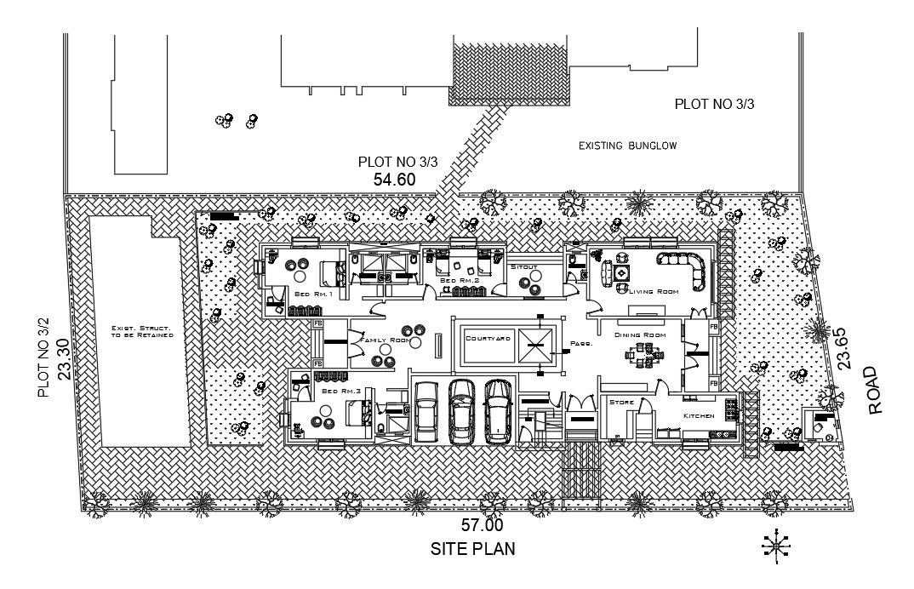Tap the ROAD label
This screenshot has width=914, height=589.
click(x=877, y=391)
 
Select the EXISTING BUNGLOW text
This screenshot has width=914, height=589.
click(x=627, y=146)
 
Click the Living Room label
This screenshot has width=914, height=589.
click(x=654, y=292)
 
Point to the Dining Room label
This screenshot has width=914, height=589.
click(x=640, y=335)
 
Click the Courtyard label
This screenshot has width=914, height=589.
click(x=488, y=338)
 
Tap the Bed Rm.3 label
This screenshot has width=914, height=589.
click(x=334, y=391)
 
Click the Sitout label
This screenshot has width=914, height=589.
click(x=524, y=267)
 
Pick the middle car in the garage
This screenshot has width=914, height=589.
click(x=461, y=411)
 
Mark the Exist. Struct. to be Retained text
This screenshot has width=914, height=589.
click(x=142, y=331)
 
